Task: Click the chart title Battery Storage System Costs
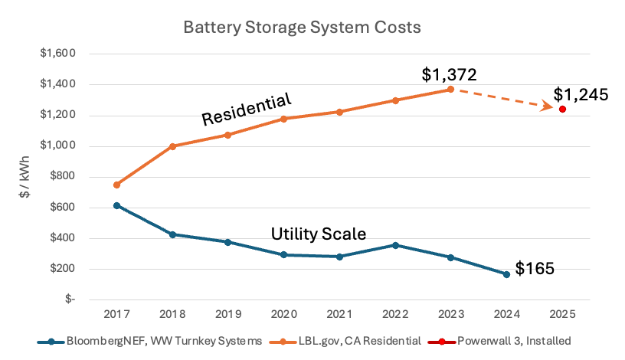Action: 302,28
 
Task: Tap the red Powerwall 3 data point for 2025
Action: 563,110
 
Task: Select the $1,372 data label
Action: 450,74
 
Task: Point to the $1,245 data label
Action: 581,95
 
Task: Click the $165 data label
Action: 535,269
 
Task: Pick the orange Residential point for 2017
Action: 116,185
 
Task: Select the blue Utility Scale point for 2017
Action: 116,205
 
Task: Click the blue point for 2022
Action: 395,245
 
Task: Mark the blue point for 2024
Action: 506,274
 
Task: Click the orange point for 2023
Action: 451,89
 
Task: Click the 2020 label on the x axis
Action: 283,313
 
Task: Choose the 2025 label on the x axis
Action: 563,313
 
